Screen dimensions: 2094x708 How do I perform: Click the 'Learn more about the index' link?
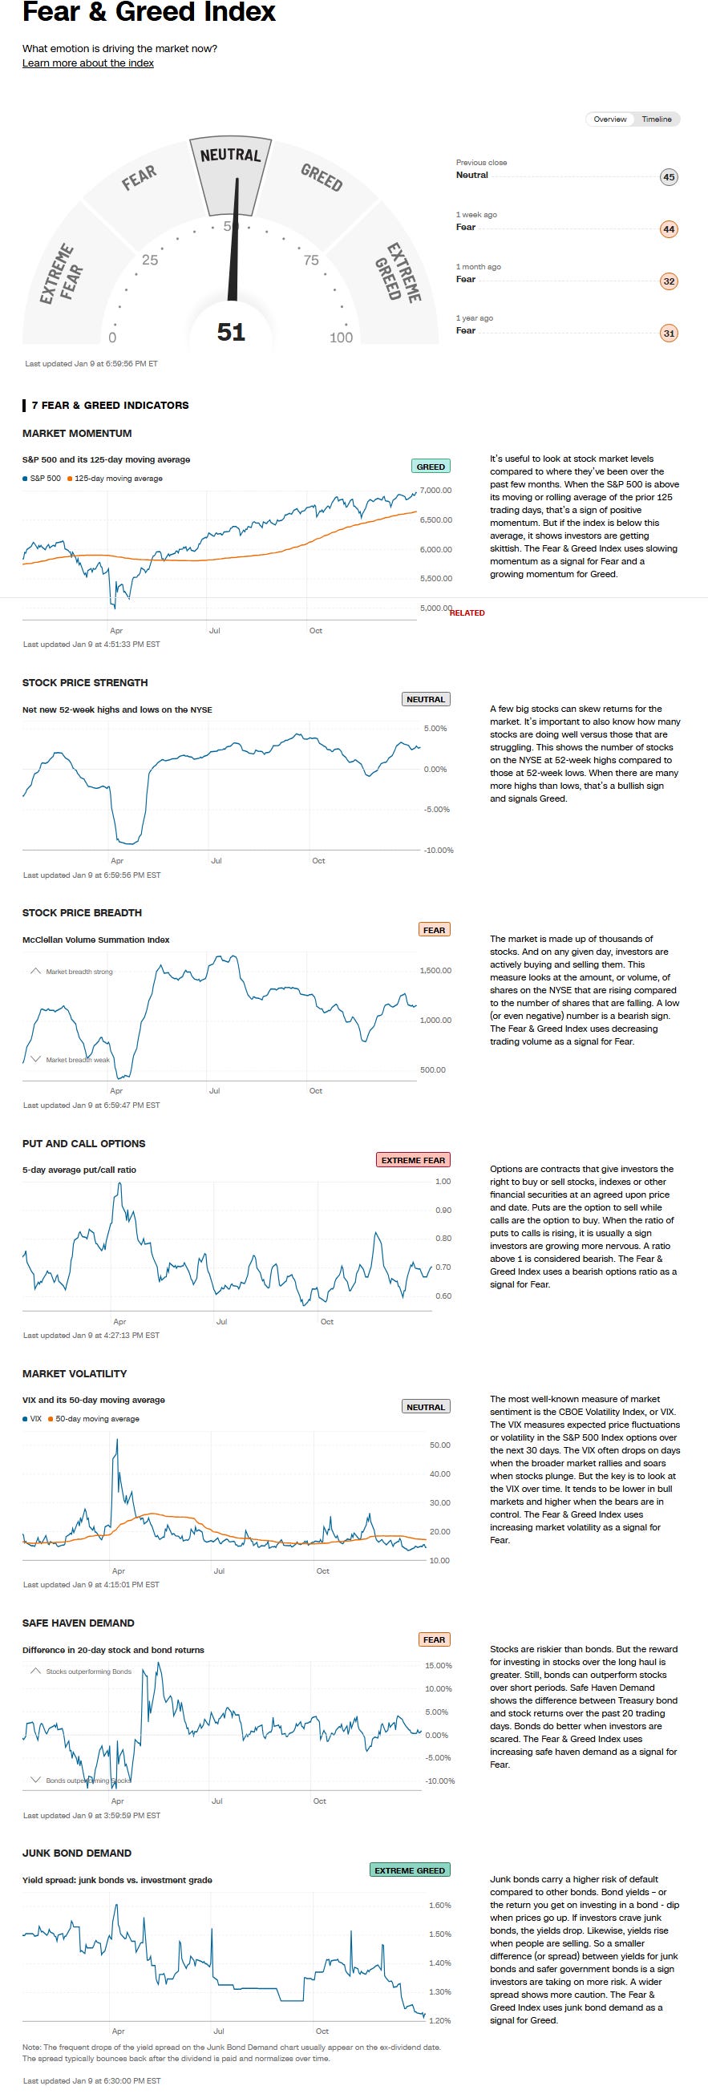pos(87,63)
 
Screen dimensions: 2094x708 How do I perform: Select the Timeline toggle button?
pos(656,119)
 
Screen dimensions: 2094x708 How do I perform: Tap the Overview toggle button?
pos(609,119)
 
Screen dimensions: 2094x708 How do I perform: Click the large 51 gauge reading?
pos(231,332)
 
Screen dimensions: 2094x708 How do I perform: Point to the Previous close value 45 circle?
pos(669,177)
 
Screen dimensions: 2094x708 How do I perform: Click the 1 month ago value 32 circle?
pos(669,281)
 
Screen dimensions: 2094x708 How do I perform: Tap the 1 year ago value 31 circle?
pos(669,334)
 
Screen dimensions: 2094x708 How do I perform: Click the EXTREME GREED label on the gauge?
pos(398,273)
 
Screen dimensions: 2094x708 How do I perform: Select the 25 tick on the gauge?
pos(151,260)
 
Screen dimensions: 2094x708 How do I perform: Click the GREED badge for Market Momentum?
pos(431,467)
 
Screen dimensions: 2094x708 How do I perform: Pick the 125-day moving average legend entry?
pos(118,479)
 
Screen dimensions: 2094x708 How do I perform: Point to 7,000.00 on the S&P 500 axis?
pos(435,490)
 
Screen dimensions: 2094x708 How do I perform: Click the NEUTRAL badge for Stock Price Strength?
pos(426,699)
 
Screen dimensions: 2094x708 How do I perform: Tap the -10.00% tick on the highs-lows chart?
pos(439,851)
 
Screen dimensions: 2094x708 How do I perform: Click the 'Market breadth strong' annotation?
pos(79,972)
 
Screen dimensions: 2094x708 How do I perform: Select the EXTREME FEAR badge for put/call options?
pos(413,1160)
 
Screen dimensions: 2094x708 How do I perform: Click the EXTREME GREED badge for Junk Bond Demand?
pos(410,1870)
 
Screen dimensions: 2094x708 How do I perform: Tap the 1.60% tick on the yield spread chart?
pos(439,1906)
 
